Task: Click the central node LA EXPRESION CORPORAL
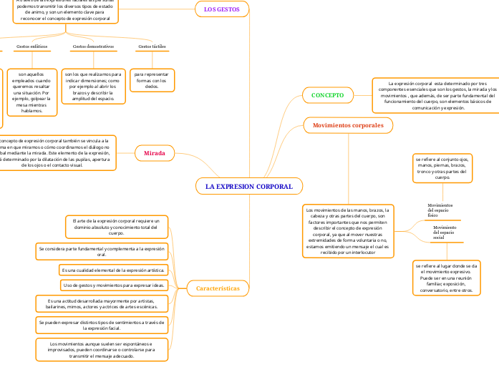[249, 186]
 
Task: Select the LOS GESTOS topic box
[221, 9]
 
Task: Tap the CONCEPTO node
[328, 94]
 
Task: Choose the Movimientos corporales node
[348, 125]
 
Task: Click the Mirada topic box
[155, 152]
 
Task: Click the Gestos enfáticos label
[32, 46]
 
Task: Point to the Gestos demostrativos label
[93, 46]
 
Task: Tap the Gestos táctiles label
[152, 46]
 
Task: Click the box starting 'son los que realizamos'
[93, 86]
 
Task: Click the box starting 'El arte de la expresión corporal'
[117, 227]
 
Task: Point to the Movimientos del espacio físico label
[440, 209]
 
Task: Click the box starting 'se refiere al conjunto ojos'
[442, 168]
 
